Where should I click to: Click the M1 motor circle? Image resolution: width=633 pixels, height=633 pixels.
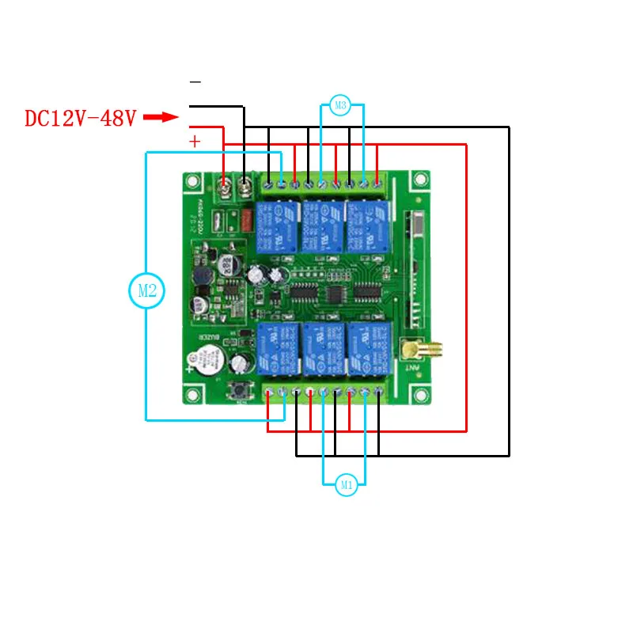[x=346, y=485]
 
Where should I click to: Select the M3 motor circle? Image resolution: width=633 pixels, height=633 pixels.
[x=340, y=105]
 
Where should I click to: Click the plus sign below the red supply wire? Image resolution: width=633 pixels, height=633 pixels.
[x=195, y=141]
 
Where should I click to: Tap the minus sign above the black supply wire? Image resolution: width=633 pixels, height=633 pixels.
[x=195, y=82]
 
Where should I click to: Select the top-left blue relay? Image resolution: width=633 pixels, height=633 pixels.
[x=275, y=226]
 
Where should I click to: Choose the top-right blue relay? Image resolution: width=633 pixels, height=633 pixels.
[x=369, y=226]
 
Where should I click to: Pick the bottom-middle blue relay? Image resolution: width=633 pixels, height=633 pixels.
[x=323, y=348]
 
